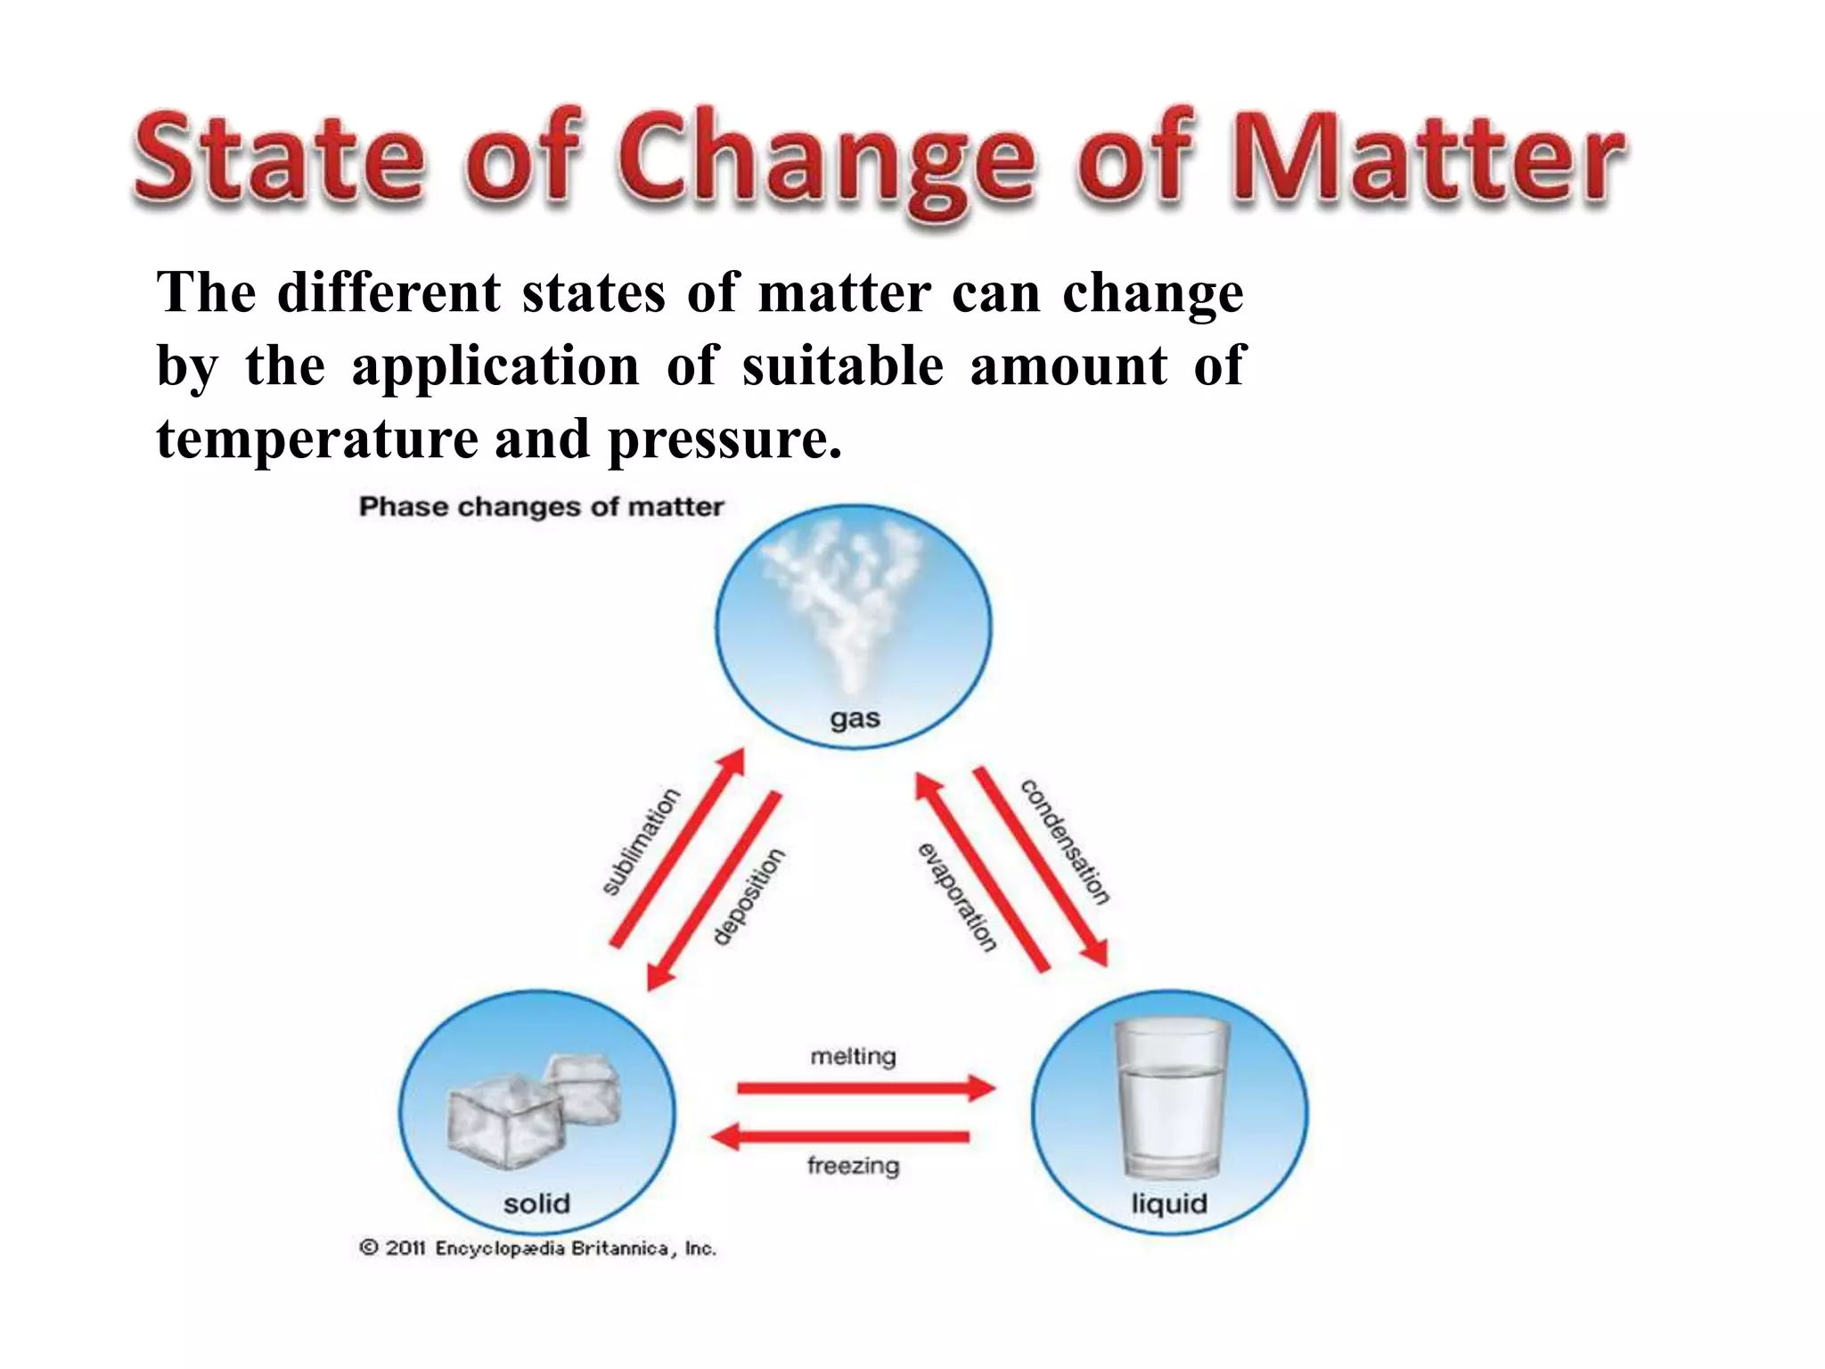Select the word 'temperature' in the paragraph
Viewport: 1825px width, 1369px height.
pos(316,439)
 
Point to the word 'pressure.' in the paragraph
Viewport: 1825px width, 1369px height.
pos(724,439)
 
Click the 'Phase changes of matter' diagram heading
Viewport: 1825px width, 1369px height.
pos(541,507)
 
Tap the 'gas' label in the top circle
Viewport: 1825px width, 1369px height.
pos(855,718)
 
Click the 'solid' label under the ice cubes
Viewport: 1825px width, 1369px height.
pos(536,1204)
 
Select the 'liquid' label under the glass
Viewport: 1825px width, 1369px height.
pos(1169,1204)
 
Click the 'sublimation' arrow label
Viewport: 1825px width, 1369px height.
pos(641,841)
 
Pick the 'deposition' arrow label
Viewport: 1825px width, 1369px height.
pos(749,896)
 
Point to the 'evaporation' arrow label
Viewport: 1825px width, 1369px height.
pos(957,897)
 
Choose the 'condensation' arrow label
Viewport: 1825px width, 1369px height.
pos(1066,841)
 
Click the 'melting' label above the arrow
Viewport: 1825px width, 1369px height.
pos(853,1057)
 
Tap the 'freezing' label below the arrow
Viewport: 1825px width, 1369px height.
pos(853,1166)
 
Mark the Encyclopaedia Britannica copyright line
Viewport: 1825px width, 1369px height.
pos(537,1249)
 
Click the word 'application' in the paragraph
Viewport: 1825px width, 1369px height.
pos(495,366)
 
